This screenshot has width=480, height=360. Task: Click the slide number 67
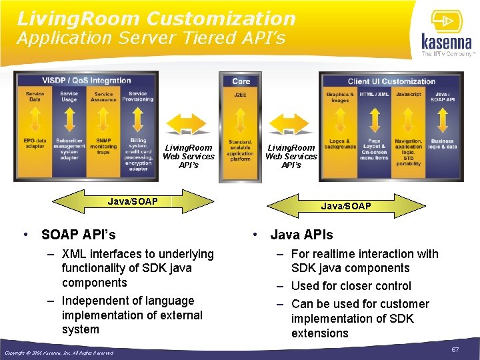coord(455,349)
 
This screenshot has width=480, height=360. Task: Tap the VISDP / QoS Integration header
coord(87,81)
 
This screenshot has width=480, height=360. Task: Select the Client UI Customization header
coord(391,81)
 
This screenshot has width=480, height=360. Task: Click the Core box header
coord(241,81)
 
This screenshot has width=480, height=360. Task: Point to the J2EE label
coord(240,95)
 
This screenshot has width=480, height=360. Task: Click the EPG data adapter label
coord(35,143)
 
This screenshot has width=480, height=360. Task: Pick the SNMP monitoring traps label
coord(103,146)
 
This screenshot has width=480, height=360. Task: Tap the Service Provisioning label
coord(138,97)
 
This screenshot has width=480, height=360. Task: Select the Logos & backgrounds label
coord(340,143)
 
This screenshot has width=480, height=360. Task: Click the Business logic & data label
coord(442,143)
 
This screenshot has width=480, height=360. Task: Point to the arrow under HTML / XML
coord(374,118)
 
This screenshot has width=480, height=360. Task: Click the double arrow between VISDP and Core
coord(188,124)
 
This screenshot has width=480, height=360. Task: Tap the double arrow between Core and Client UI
coord(291,124)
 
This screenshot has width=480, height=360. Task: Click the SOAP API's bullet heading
coord(78,235)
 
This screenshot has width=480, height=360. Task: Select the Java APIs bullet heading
coord(301,235)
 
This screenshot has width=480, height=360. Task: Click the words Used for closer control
coord(351,286)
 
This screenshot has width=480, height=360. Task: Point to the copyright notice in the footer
coord(59,353)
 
